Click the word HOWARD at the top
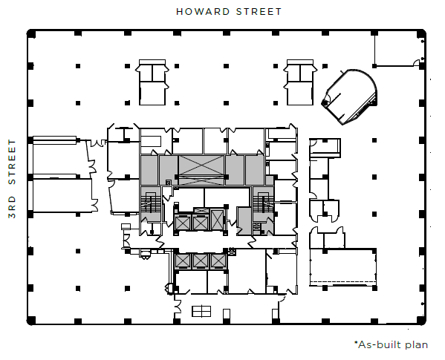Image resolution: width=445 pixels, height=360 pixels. (201, 11)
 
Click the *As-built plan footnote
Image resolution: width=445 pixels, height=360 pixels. (391, 345)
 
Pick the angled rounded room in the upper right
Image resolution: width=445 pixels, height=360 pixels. (351, 95)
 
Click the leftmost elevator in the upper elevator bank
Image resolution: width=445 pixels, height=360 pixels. (183, 221)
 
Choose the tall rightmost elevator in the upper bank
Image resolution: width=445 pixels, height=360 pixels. (218, 220)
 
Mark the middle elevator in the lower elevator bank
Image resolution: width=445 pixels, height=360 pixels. (201, 261)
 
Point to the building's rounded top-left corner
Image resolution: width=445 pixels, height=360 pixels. (31, 33)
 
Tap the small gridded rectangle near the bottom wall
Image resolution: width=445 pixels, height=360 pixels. (201, 310)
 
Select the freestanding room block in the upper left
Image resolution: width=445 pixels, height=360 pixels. (155, 82)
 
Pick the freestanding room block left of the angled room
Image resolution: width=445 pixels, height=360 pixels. (300, 82)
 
